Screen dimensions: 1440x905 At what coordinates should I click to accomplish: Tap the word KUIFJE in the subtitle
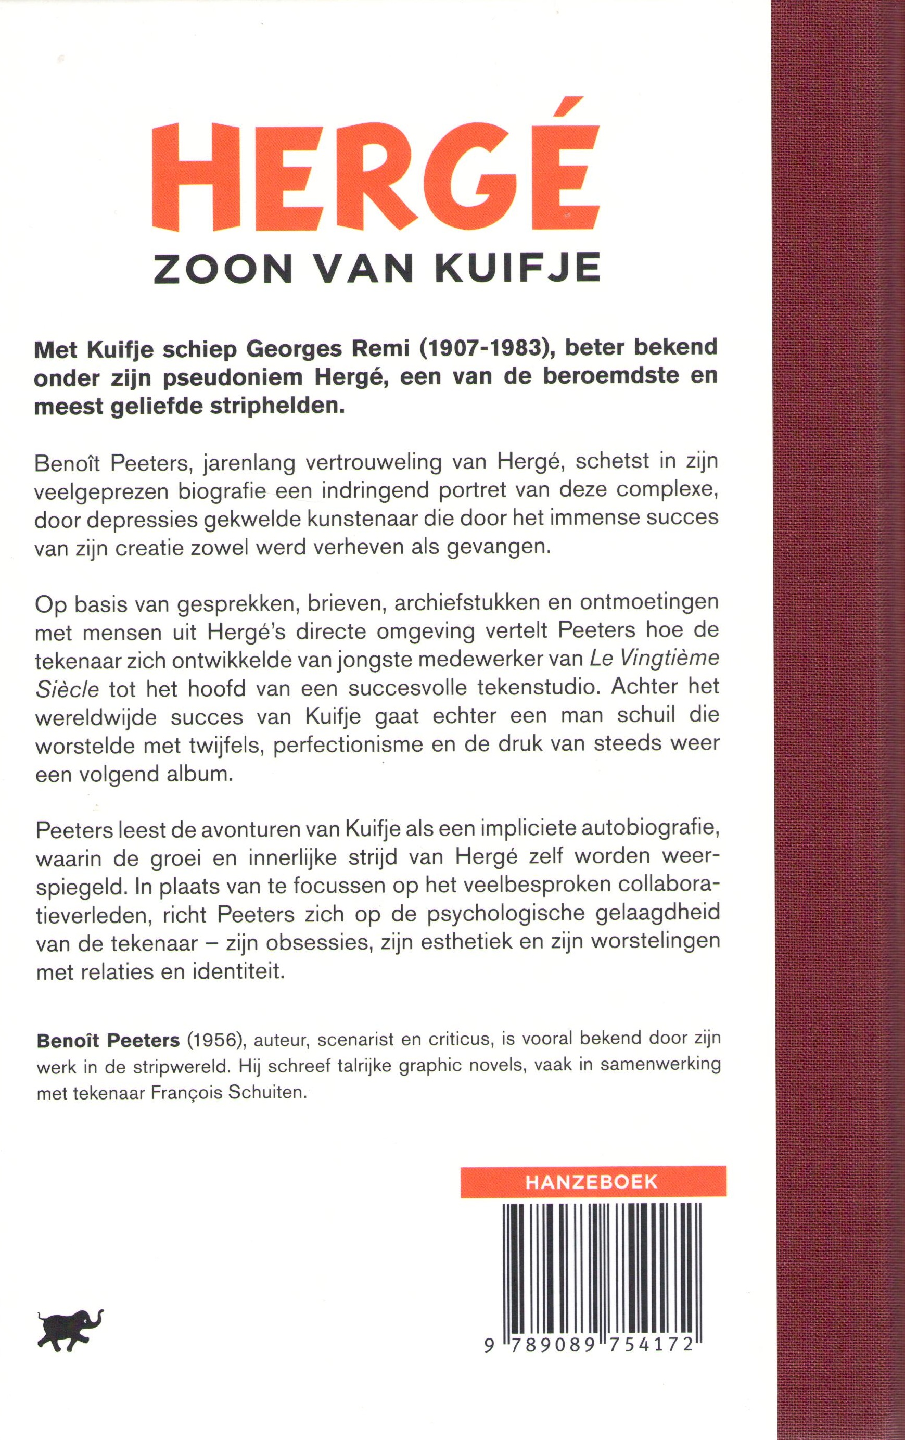(518, 270)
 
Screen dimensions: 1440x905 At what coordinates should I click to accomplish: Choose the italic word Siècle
(67, 688)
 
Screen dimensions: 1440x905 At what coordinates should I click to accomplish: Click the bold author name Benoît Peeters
(108, 1041)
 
